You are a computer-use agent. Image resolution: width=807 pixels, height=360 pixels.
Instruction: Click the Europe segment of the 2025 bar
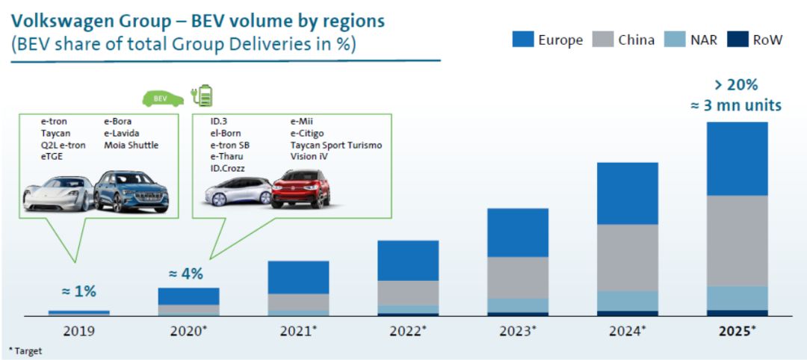tap(737, 158)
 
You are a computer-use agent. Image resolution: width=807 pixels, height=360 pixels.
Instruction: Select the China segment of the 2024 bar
tap(627, 258)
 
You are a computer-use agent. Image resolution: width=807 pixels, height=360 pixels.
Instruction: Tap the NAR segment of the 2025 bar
tap(737, 297)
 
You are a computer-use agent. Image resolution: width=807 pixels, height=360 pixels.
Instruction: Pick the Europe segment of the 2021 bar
tap(298, 277)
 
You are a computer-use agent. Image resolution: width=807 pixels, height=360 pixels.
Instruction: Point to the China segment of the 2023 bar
tap(518, 277)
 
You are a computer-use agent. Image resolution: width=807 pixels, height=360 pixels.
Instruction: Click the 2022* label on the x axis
tap(408, 330)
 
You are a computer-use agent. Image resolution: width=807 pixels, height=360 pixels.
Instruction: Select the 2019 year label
tap(78, 330)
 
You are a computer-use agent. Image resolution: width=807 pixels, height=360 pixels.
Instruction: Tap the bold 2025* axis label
tap(737, 330)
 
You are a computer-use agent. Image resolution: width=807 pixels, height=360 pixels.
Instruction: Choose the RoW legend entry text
tap(767, 40)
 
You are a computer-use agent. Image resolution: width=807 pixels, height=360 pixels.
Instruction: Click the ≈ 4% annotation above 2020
tap(186, 273)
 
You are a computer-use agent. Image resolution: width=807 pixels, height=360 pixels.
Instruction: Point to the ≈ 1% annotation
tap(78, 291)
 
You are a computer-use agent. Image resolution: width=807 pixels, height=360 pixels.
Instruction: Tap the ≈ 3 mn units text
tap(736, 105)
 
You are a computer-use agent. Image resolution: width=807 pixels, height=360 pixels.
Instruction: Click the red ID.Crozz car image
tap(300, 188)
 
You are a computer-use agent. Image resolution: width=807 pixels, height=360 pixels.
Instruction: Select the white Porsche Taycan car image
tap(58, 193)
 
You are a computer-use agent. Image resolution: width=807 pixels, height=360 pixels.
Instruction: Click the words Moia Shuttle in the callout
tap(132, 145)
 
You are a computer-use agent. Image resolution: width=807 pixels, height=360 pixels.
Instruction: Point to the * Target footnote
tap(25, 350)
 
